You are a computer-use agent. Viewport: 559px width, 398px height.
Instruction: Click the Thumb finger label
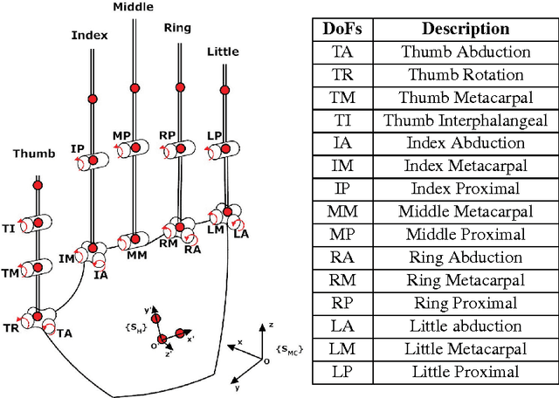coord(33,154)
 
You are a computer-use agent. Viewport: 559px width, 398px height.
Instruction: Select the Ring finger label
coord(178,28)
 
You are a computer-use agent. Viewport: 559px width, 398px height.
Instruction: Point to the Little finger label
coord(223,51)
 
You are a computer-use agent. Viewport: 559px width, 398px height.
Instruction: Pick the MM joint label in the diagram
coord(136,255)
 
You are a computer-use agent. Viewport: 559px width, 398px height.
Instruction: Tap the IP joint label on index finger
coord(77,149)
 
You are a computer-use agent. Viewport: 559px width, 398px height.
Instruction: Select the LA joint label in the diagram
coord(241,234)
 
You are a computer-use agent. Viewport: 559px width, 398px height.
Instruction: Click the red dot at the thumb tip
coord(38,184)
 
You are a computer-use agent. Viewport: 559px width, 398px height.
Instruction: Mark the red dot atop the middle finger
coord(135,88)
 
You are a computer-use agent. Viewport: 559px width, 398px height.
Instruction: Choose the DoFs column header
coord(342,29)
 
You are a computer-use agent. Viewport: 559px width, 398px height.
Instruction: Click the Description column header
coord(466,29)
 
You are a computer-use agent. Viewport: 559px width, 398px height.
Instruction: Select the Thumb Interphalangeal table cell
coord(466,120)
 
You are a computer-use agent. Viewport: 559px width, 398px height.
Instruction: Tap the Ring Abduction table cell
coord(466,257)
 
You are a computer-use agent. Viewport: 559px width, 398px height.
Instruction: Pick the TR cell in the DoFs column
coord(342,75)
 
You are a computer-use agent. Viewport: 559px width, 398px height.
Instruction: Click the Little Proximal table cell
coord(466,372)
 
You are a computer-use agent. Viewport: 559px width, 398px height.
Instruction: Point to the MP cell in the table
coord(342,235)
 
